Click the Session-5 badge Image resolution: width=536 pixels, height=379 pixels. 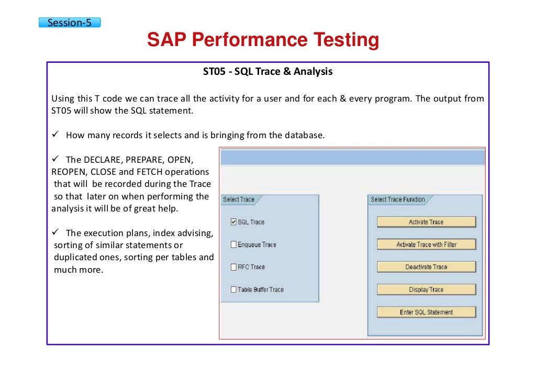coord(69,23)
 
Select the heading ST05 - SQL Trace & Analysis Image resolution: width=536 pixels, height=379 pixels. coord(267,72)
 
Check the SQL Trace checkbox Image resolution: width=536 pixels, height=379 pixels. coord(233,222)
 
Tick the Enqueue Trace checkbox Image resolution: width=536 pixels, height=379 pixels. coord(233,244)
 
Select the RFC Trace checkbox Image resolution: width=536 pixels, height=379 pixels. coord(233,267)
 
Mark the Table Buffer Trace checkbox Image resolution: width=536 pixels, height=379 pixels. coord(233,289)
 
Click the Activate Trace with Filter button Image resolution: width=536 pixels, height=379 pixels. coord(426,244)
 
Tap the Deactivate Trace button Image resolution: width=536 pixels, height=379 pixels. coord(426,267)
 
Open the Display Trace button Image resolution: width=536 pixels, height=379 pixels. coord(426,289)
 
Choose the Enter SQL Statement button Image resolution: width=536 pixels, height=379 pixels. coord(426,312)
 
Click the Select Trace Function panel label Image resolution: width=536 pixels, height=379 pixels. coord(398,199)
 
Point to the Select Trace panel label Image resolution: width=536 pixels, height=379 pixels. coord(239,199)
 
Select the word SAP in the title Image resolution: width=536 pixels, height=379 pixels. coord(167,40)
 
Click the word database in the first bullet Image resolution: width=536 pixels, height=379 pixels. coord(304,135)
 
